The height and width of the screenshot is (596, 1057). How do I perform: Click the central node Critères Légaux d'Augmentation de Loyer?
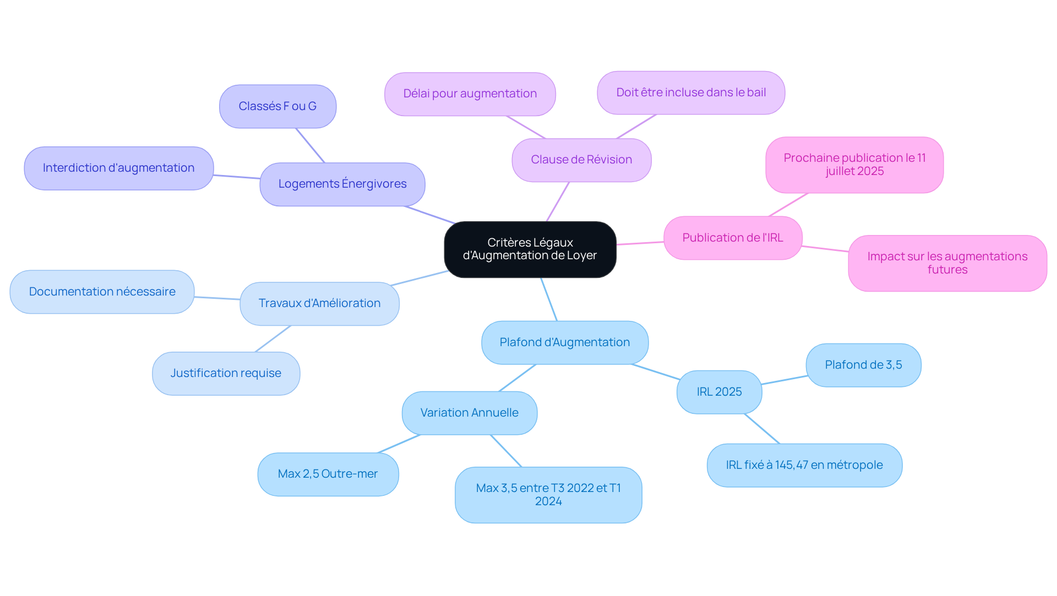530,249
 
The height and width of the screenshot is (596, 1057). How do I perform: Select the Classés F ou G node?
277,106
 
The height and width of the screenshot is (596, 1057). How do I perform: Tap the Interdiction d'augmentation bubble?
118,168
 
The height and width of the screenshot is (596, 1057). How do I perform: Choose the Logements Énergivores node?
342,184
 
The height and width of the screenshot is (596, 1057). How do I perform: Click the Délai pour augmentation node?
470,94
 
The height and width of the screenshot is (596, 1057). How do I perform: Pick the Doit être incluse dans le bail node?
690,92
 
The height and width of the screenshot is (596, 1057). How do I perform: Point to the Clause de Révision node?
581,160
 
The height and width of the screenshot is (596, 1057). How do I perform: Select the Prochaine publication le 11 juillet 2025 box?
854,165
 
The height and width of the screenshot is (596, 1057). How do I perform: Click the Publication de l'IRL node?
732,238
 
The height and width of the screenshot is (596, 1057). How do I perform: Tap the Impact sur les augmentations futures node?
947,263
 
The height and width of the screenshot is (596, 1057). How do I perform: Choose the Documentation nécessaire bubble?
102,292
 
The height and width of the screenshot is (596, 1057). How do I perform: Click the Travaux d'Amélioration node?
319,303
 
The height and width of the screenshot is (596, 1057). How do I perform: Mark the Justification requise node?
226,373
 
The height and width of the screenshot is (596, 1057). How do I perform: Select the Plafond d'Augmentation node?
564,342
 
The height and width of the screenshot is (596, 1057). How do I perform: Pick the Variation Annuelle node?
469,413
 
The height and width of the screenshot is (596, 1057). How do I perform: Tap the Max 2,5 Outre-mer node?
328,474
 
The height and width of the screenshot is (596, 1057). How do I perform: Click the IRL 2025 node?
719,392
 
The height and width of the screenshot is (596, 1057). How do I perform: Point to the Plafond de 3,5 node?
863,365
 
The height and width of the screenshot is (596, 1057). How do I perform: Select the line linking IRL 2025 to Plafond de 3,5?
784,380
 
